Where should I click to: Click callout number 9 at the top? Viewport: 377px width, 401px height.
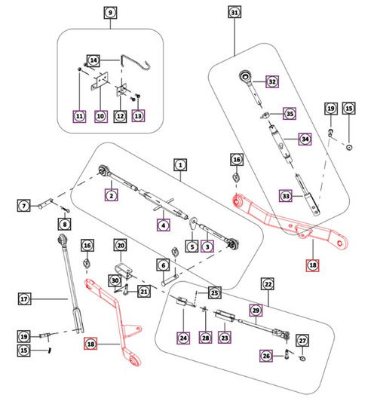pyautogui.click(x=110, y=13)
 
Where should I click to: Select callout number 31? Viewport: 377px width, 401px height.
pyautogui.click(x=234, y=12)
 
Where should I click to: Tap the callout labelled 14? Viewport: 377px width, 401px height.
pyautogui.click(x=93, y=60)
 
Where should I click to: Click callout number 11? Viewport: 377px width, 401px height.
pyautogui.click(x=79, y=116)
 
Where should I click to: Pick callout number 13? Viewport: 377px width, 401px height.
pyautogui.click(x=138, y=116)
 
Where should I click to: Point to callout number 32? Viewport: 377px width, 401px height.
pyautogui.click(x=272, y=81)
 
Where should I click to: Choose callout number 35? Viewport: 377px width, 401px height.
pyautogui.click(x=290, y=114)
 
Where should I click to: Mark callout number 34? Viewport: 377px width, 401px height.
pyautogui.click(x=305, y=139)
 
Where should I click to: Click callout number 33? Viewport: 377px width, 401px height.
pyautogui.click(x=286, y=196)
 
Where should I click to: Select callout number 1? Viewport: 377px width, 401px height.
pyautogui.click(x=180, y=165)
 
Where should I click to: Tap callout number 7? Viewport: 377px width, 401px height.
pyautogui.click(x=24, y=205)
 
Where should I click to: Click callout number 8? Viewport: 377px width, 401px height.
pyautogui.click(x=64, y=225)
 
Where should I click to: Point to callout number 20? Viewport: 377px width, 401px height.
pyautogui.click(x=121, y=245)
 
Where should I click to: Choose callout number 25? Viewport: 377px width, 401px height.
pyautogui.click(x=215, y=292)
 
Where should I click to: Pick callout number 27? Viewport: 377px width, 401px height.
pyautogui.click(x=302, y=341)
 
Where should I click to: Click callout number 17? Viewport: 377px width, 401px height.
pyautogui.click(x=25, y=298)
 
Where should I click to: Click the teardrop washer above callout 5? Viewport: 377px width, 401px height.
pyautogui.click(x=194, y=222)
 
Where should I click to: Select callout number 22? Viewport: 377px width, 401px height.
pyautogui.click(x=268, y=284)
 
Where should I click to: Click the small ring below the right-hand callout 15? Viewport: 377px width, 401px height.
pyautogui.click(x=349, y=147)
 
